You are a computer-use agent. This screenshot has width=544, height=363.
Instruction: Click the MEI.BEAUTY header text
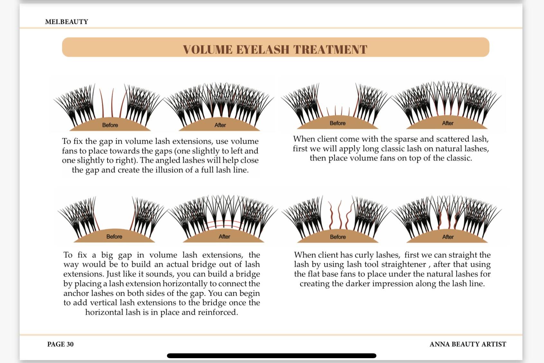pyautogui.click(x=67, y=22)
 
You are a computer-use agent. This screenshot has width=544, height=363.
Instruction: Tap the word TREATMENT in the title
pyautogui.click(x=330, y=50)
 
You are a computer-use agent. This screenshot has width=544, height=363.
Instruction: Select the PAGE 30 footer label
pyautogui.click(x=60, y=344)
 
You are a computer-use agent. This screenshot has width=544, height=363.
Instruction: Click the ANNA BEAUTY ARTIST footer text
pyautogui.click(x=467, y=344)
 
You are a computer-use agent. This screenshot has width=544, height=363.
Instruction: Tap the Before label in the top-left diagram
pyautogui.click(x=110, y=125)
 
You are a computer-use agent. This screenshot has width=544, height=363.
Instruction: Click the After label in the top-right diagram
pyautogui.click(x=447, y=123)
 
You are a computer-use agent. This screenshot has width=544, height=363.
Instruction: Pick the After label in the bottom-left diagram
pyautogui.click(x=224, y=236)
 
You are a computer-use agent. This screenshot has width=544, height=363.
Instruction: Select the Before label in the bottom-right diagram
pyautogui.click(x=338, y=237)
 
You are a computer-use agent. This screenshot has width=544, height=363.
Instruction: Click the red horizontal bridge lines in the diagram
pyautogui.click(x=224, y=224)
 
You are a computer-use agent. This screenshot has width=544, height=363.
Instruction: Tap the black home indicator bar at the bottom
pyautogui.click(x=272, y=356)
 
